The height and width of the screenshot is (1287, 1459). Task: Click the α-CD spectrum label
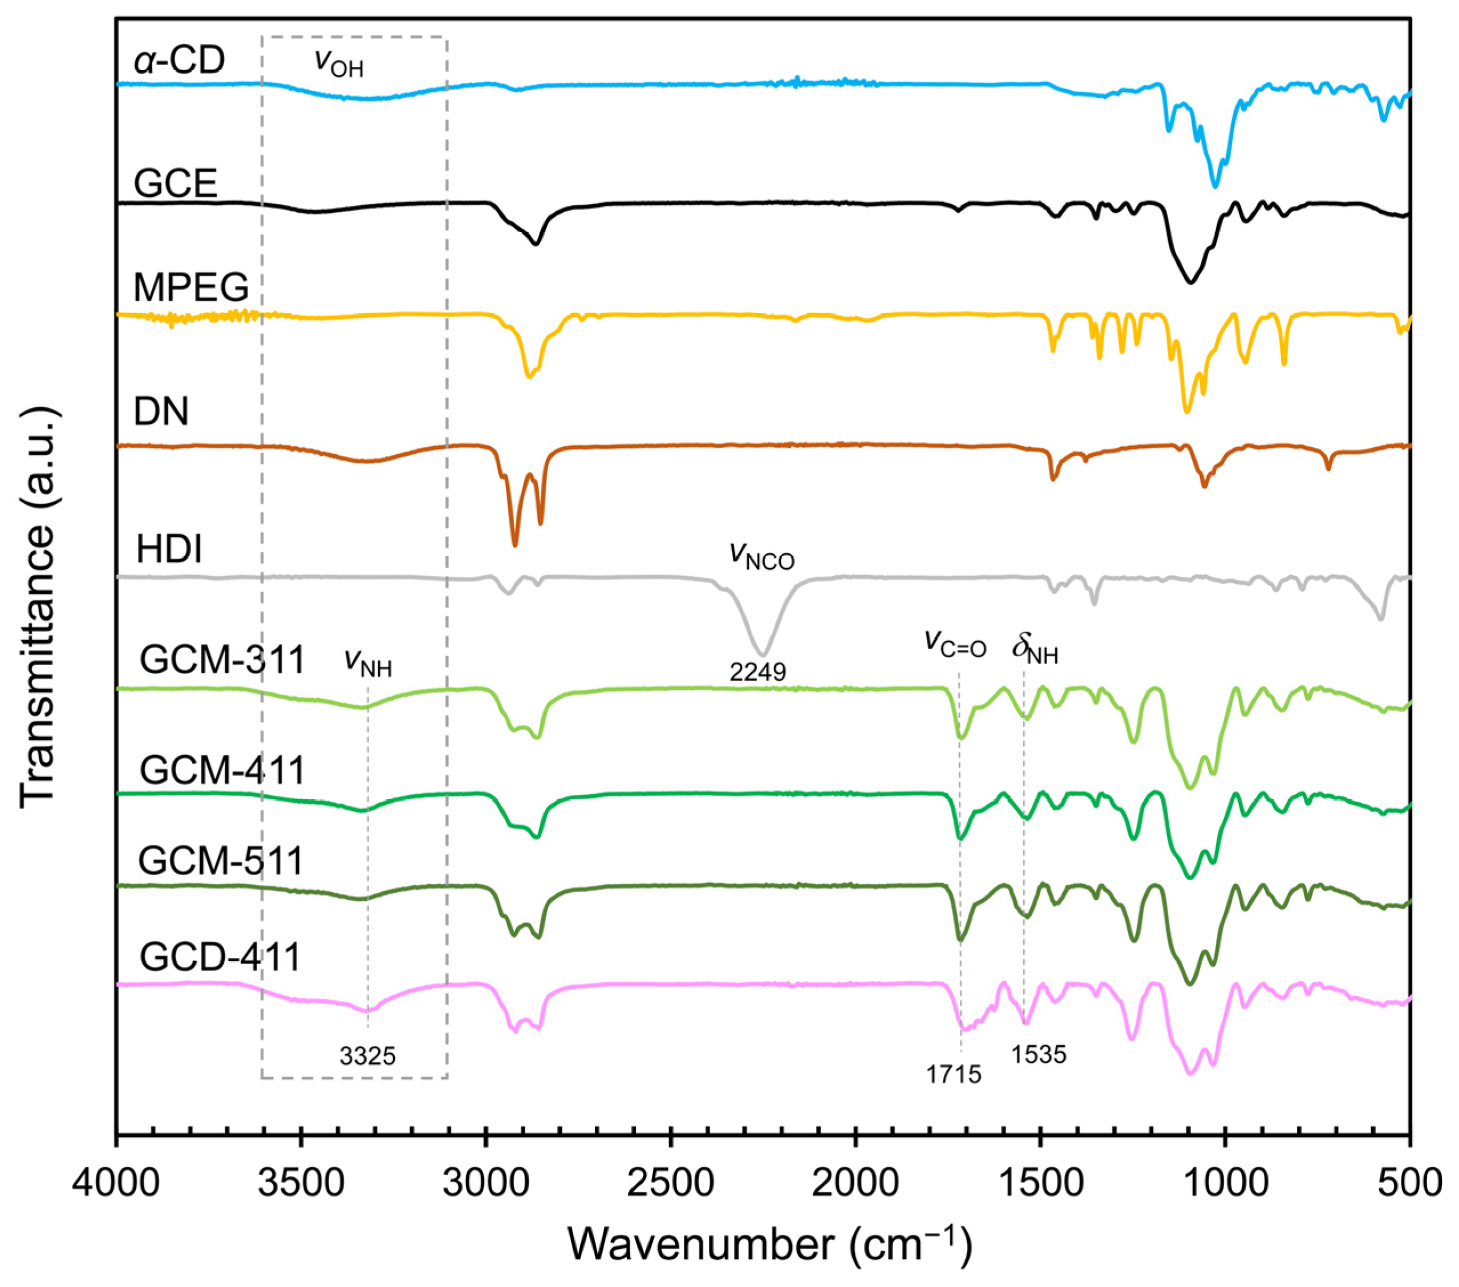tap(179, 60)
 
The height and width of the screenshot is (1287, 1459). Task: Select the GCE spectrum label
tap(176, 184)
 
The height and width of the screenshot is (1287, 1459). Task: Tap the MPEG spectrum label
tap(191, 288)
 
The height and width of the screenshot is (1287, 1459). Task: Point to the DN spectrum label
tap(161, 411)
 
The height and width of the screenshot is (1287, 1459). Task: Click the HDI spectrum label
tap(169, 549)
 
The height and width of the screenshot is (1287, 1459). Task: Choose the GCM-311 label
tap(222, 659)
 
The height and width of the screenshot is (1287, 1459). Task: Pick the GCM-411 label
tap(222, 770)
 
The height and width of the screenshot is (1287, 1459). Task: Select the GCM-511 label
tap(221, 860)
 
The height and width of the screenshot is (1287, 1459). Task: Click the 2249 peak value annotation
tap(757, 671)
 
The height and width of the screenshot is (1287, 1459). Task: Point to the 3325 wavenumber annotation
tap(368, 1056)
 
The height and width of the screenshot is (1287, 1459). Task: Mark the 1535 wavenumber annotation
tap(1039, 1054)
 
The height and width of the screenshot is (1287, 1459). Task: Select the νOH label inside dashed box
tap(339, 63)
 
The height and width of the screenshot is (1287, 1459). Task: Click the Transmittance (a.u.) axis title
tap(37, 607)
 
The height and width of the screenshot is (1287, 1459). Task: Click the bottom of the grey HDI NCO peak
tap(763, 654)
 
